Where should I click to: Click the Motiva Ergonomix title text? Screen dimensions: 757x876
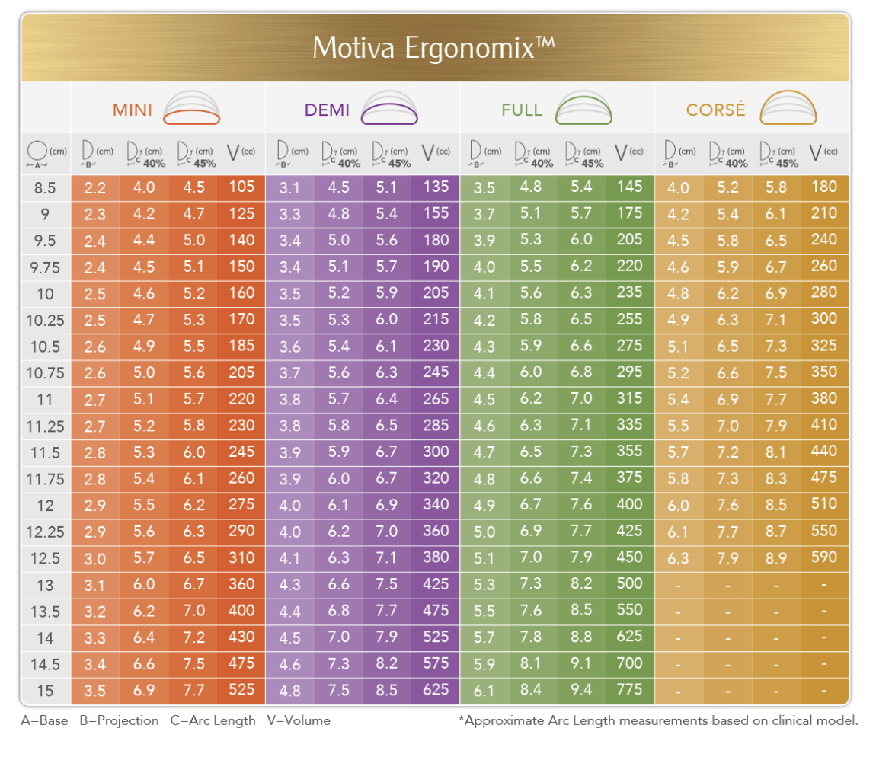[433, 47]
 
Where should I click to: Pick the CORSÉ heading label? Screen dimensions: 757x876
[715, 110]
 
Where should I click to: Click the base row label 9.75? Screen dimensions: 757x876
[45, 267]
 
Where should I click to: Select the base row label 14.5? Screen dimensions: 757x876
[45, 665]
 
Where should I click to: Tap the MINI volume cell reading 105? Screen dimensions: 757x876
[241, 187]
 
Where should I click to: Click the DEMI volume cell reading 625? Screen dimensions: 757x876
[436, 690]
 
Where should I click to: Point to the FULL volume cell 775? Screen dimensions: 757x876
[630, 690]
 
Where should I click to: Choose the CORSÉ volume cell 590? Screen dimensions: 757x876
[824, 557]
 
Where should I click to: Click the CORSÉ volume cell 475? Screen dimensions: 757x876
[824, 478]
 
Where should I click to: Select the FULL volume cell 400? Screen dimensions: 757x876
[630, 504]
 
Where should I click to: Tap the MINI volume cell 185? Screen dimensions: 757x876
[241, 346]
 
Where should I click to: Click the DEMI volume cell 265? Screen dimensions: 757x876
[436, 398]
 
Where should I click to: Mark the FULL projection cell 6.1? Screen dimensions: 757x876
[484, 691]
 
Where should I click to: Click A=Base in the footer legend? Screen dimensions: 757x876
[44, 720]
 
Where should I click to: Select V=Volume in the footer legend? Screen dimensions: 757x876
[299, 720]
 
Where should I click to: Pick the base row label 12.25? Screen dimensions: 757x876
[45, 532]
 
